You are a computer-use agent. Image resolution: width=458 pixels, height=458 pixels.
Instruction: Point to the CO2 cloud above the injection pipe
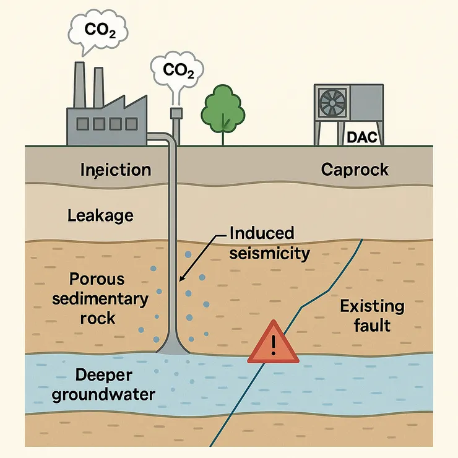pyautogui.click(x=178, y=69)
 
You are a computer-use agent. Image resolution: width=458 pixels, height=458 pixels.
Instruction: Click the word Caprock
pyautogui.click(x=355, y=169)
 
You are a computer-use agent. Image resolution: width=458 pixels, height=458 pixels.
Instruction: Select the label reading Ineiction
pyautogui.click(x=116, y=170)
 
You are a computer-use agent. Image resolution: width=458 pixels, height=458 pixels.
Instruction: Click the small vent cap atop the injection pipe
pyautogui.click(x=176, y=112)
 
